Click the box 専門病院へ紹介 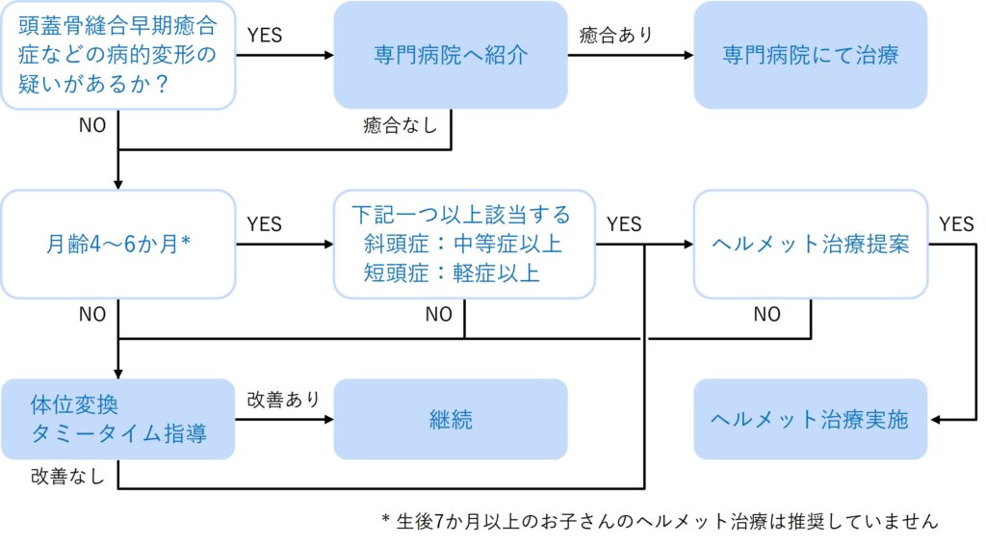tap(451, 55)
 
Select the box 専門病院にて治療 tap(810, 55)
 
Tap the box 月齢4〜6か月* tap(118, 244)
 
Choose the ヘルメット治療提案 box tap(810, 244)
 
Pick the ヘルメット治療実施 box tap(810, 419)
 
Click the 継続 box tap(451, 419)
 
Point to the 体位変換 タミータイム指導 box tap(118, 419)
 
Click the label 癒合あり tap(616, 35)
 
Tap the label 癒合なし tap(400, 125)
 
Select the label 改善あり tap(284, 400)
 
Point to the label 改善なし tap(67, 476)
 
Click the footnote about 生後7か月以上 tap(661, 521)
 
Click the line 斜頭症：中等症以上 tap(462, 244)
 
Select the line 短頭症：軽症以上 tap(452, 272)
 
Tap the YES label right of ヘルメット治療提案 tap(956, 223)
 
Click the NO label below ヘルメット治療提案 tap(767, 314)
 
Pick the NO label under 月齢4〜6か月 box tap(92, 314)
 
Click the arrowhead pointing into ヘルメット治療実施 tap(936, 419)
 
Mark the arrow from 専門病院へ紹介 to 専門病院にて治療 tap(631, 55)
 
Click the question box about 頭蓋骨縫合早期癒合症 tap(118, 55)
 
